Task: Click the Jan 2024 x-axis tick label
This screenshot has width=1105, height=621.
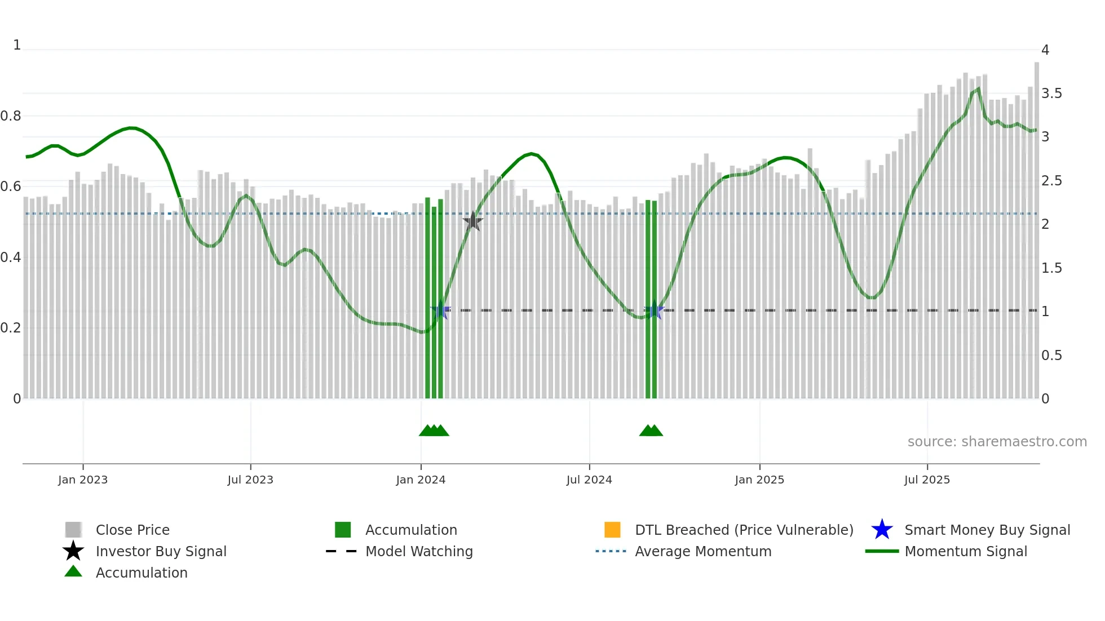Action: pyautogui.click(x=421, y=480)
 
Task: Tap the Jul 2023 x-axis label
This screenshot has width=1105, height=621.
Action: pyautogui.click(x=250, y=480)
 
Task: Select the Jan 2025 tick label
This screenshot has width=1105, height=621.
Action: pyautogui.click(x=759, y=480)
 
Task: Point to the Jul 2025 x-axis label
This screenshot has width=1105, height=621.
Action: pyautogui.click(x=927, y=480)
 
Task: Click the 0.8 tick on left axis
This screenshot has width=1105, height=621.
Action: pyautogui.click(x=11, y=116)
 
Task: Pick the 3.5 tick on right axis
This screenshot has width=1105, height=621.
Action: pyautogui.click(x=1051, y=94)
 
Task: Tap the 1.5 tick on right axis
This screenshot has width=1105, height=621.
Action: pyautogui.click(x=1051, y=268)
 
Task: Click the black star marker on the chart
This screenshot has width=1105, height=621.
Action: pyautogui.click(x=472, y=221)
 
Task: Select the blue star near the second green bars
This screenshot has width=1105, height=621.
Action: pyautogui.click(x=655, y=310)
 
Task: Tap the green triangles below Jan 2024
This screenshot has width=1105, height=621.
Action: pyautogui.click(x=434, y=431)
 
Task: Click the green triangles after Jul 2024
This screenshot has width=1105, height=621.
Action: pyautogui.click(x=651, y=431)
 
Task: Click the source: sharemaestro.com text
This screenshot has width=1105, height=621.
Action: pyautogui.click(x=997, y=442)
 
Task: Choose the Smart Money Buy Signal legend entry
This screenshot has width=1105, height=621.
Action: pyautogui.click(x=987, y=530)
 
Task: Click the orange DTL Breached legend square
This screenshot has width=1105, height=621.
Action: pyautogui.click(x=612, y=530)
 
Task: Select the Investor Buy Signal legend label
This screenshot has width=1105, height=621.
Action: pyautogui.click(x=161, y=551)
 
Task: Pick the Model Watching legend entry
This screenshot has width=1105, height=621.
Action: pyautogui.click(x=418, y=551)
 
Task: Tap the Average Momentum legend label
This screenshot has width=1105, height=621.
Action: pyautogui.click(x=702, y=551)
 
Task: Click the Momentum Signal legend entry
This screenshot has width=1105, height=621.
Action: pyautogui.click(x=965, y=551)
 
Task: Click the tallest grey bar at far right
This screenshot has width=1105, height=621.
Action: pyautogui.click(x=1036, y=225)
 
